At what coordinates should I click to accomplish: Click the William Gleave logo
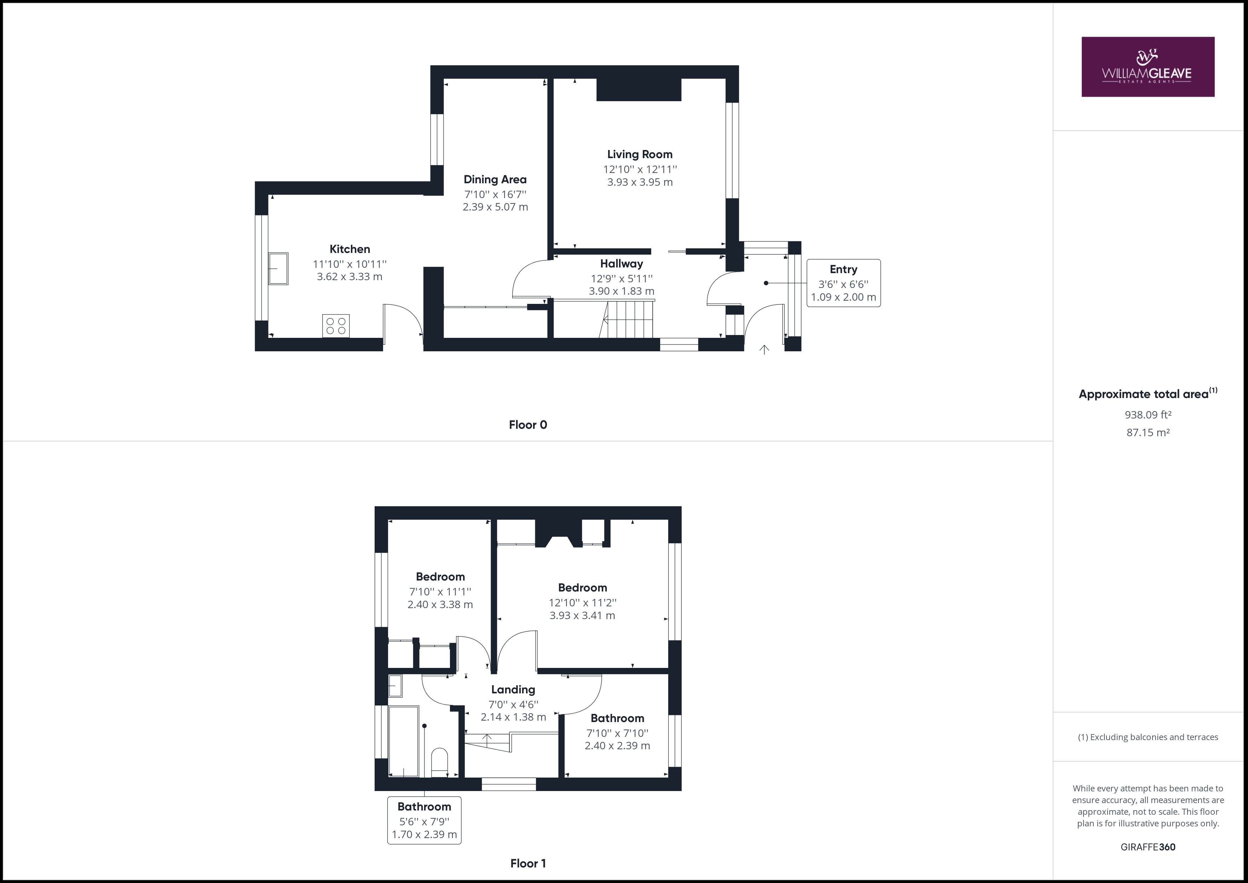point(1148,67)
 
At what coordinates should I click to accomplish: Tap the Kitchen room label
point(349,249)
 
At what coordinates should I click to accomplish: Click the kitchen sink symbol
point(278,269)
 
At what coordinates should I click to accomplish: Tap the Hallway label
point(621,264)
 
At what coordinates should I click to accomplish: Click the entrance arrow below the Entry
point(764,349)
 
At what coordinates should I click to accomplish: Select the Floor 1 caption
point(528,864)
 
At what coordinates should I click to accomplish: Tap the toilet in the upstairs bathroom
point(439,762)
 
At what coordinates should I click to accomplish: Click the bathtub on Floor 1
point(403,741)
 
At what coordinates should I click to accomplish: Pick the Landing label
point(513,689)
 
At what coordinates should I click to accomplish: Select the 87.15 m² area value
point(1148,433)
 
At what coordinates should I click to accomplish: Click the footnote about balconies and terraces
point(1148,737)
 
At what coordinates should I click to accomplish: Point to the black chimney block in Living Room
point(639,90)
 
